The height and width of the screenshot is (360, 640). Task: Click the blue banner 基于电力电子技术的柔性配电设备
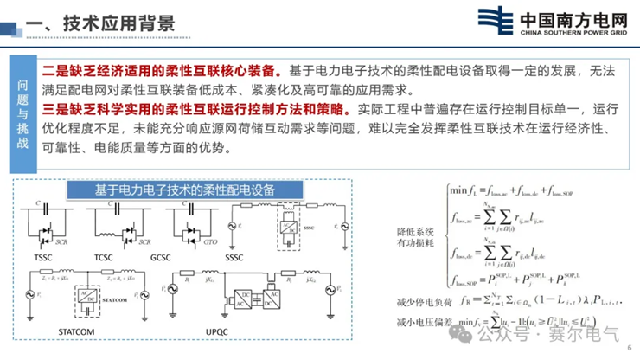183,190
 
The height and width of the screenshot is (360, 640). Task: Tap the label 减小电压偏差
420,324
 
